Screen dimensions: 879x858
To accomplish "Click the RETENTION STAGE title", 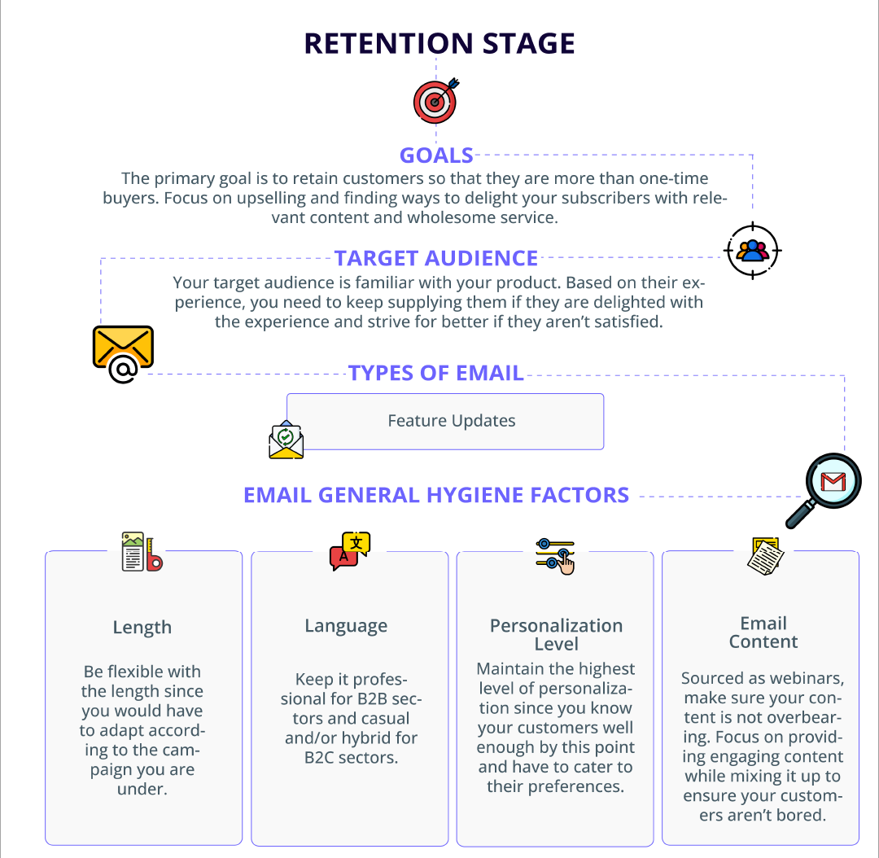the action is (x=439, y=43).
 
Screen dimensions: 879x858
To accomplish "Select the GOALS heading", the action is (x=436, y=155).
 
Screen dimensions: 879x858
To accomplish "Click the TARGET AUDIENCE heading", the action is (x=436, y=258).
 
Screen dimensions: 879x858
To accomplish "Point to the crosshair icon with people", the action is (x=752, y=250).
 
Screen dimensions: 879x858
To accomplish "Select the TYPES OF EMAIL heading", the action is (x=436, y=373).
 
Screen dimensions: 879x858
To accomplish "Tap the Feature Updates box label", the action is (x=451, y=421).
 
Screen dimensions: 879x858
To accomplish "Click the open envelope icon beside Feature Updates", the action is (x=286, y=440).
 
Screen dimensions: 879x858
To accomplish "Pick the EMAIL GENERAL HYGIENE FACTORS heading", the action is (x=436, y=495).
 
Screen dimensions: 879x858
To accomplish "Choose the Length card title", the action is (x=142, y=627).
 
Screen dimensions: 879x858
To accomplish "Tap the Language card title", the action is (x=346, y=626).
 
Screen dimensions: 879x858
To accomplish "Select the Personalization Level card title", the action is (x=556, y=634).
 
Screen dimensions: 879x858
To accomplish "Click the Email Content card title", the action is (x=763, y=633).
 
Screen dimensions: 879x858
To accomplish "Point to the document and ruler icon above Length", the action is (x=142, y=552).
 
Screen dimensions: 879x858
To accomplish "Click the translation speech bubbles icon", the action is (x=350, y=550).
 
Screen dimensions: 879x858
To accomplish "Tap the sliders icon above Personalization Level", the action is (x=555, y=556).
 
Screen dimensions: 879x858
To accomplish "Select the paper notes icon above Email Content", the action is (x=766, y=556).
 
